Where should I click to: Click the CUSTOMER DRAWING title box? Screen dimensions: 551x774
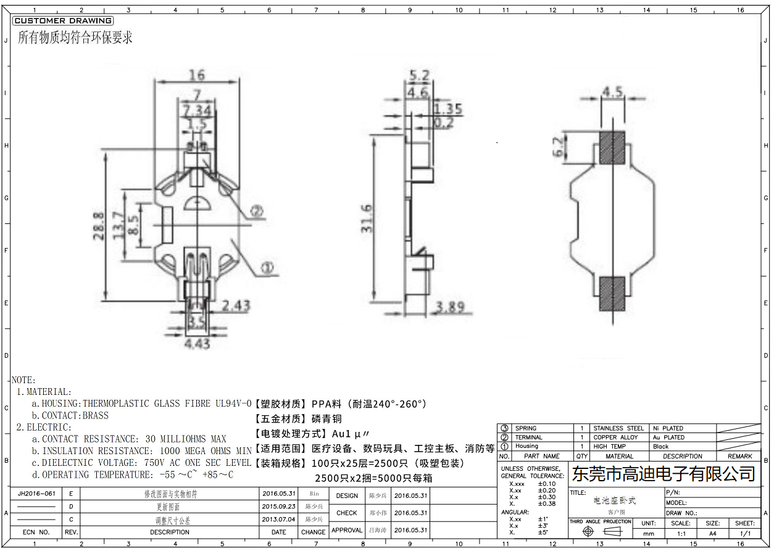(62, 20)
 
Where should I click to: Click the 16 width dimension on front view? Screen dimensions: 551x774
(196, 75)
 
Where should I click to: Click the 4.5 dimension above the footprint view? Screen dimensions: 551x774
(612, 92)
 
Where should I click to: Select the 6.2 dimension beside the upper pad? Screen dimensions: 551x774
(558, 147)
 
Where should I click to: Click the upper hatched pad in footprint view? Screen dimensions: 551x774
(612, 147)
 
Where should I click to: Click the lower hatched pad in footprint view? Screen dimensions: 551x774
(612, 293)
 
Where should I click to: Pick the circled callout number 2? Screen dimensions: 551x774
(256, 212)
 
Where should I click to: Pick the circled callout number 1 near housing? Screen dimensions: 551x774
(267, 268)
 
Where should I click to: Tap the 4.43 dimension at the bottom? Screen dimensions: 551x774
(197, 343)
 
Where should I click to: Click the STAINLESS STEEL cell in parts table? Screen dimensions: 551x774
(618, 428)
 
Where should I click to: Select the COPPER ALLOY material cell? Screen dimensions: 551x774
(615, 437)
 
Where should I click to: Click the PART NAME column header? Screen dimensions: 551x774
(541, 456)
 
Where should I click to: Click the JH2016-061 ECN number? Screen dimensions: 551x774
(36, 494)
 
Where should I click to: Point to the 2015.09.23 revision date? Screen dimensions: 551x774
(278, 507)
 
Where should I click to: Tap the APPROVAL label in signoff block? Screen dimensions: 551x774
(347, 530)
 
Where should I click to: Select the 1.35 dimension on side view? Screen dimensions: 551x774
(448, 109)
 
